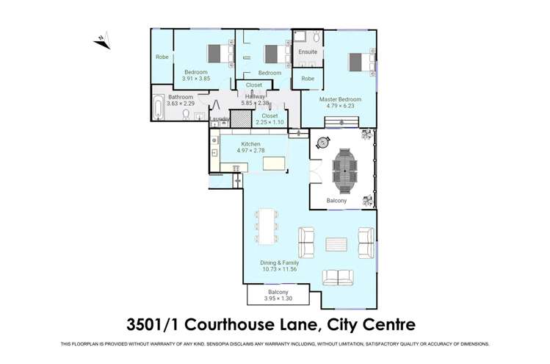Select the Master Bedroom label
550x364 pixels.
pos(340,99)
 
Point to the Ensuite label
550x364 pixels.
pos(308,53)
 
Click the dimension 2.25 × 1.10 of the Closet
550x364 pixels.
pos(269,124)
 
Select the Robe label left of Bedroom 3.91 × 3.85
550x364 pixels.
pos(162,57)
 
